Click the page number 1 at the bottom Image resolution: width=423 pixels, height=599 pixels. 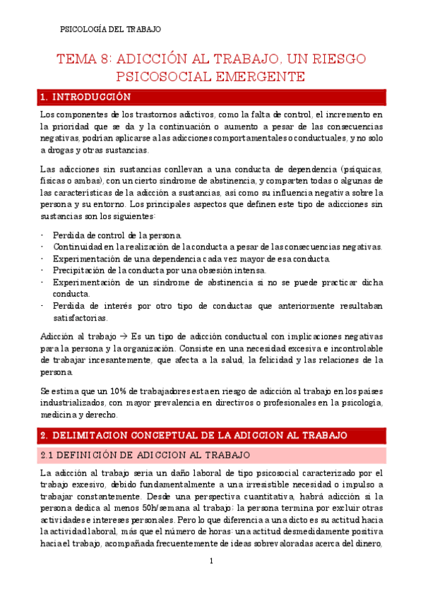[211, 561]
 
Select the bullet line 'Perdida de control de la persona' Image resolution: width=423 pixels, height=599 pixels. [117, 235]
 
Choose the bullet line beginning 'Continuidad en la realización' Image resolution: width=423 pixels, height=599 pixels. [218, 247]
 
